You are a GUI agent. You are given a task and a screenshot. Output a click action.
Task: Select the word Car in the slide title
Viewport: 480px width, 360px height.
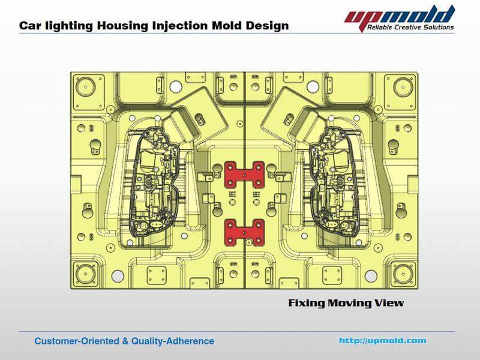point(29,26)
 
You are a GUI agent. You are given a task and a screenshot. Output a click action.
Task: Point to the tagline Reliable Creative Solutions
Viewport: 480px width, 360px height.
point(412,27)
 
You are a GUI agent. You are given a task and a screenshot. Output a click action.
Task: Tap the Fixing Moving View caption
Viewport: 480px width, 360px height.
point(346,303)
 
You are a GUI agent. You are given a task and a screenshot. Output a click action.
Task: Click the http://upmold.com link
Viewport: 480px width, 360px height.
point(382,340)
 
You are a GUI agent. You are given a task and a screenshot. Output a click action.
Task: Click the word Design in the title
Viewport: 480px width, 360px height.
point(266,26)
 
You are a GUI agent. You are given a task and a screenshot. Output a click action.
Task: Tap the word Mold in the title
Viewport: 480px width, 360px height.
point(222,26)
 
